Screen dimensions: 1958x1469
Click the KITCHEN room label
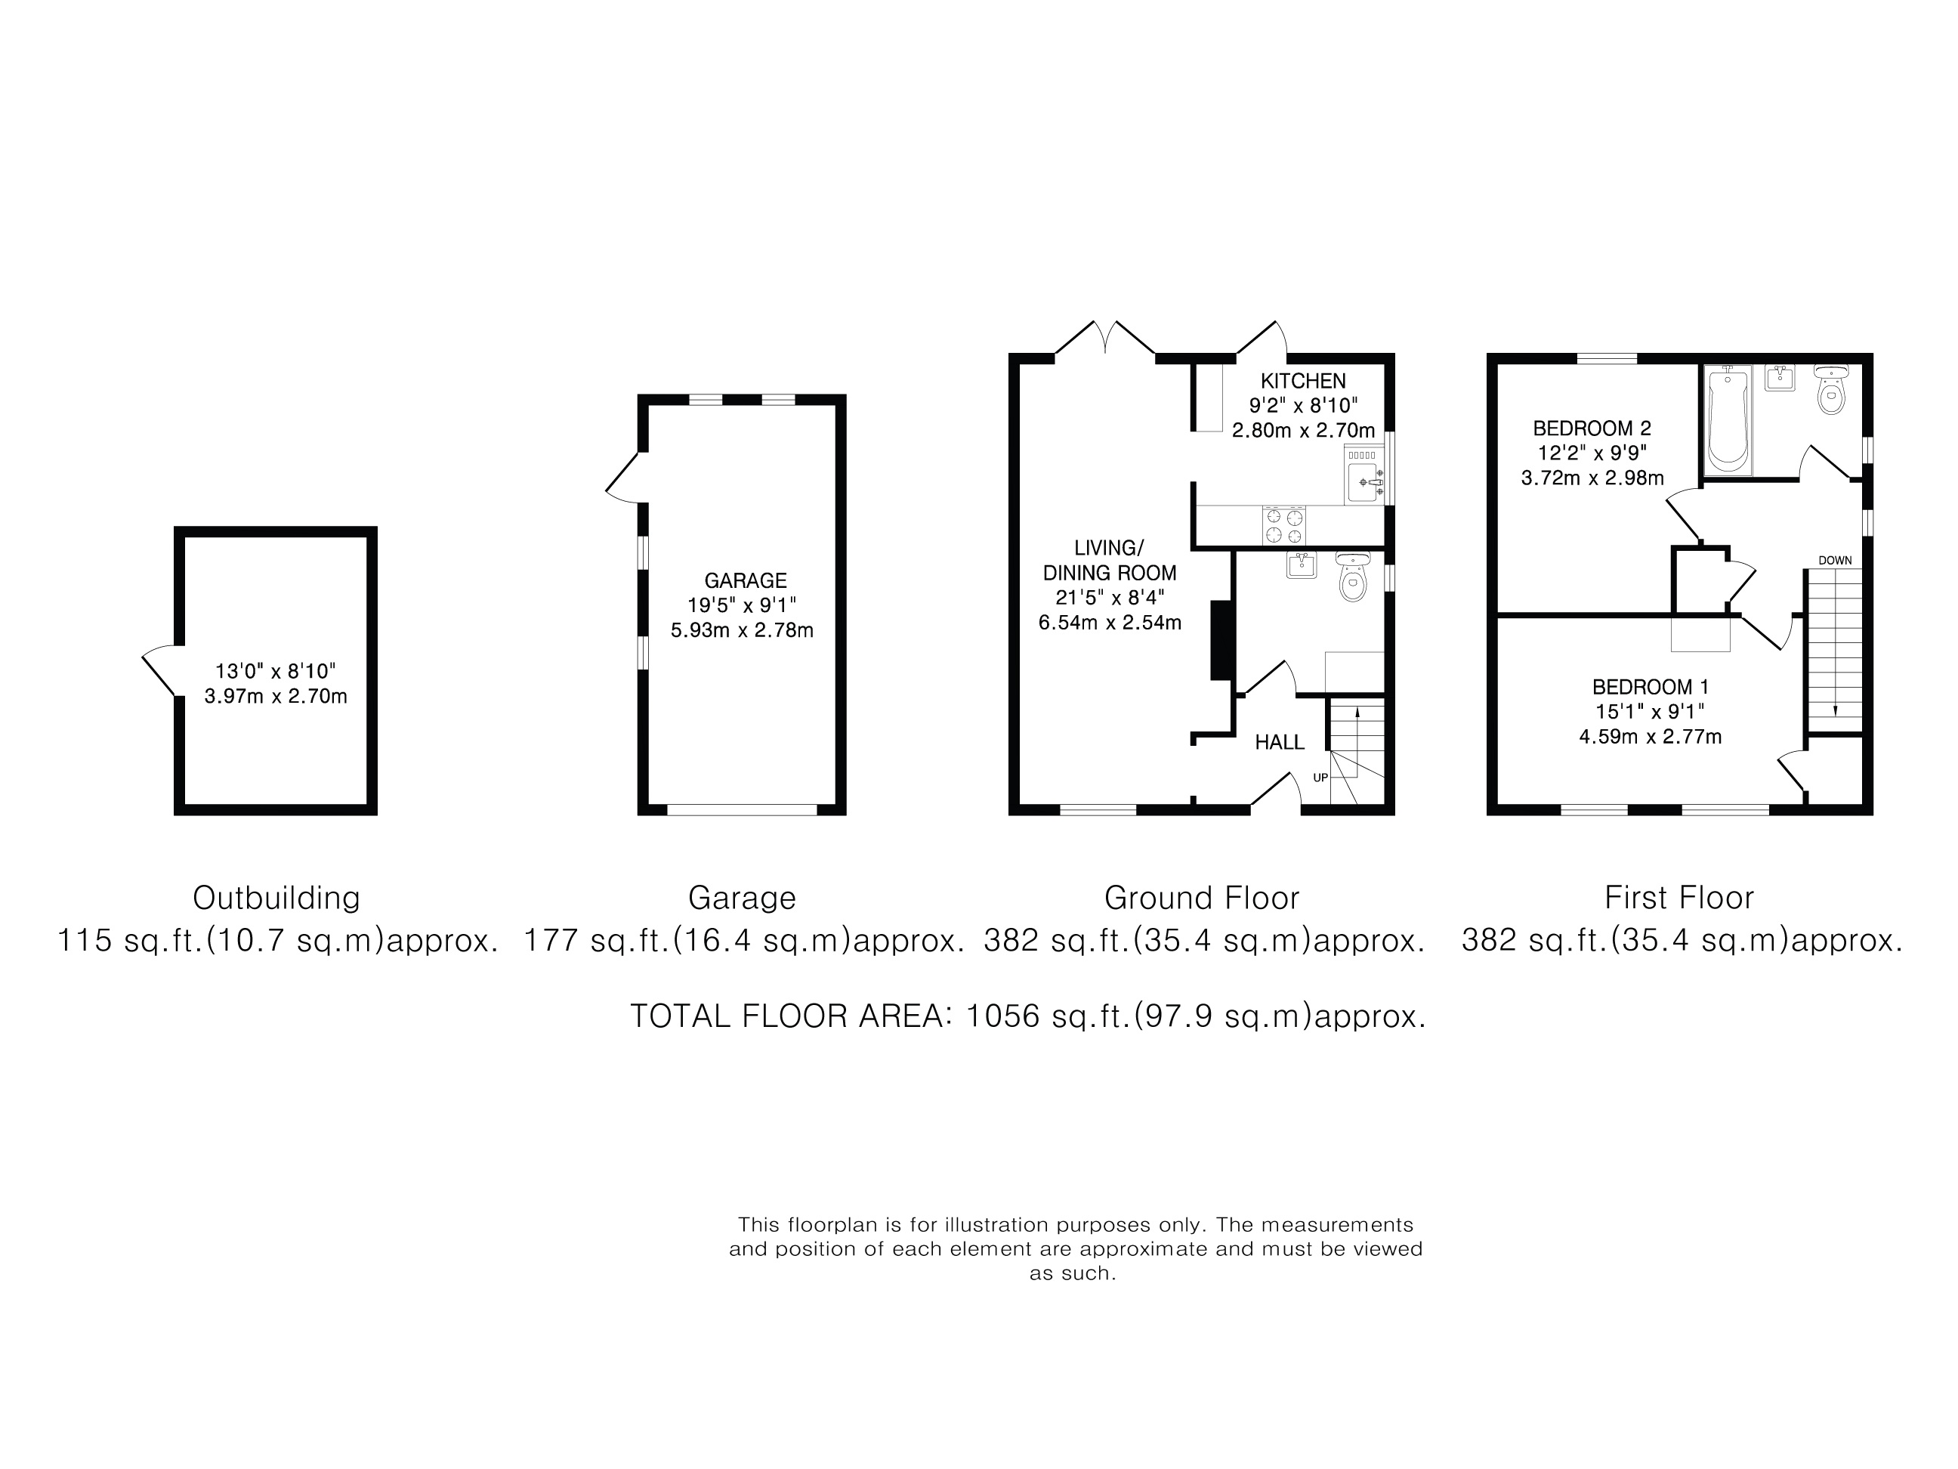[x=1303, y=381]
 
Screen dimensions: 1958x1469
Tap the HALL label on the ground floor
[x=1279, y=742]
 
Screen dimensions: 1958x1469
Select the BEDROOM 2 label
[x=1592, y=428]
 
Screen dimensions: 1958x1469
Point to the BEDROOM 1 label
[x=1650, y=686]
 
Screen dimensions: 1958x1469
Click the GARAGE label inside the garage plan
[x=746, y=581]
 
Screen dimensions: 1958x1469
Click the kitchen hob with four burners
[x=1284, y=525]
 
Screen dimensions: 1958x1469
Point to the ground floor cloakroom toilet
[x=1352, y=577]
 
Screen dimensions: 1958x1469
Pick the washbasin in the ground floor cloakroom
[x=1302, y=565]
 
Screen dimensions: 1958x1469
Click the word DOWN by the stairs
[x=1835, y=561]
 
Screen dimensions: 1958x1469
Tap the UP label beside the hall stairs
[x=1320, y=778]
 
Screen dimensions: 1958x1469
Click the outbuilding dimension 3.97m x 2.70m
[x=275, y=696]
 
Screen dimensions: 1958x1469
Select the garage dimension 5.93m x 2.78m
[x=742, y=630]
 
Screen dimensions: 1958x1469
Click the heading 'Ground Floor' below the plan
[x=1201, y=898]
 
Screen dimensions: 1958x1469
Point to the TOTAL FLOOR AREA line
[x=1027, y=1016]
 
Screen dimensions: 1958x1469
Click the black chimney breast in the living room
[x=1221, y=640]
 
